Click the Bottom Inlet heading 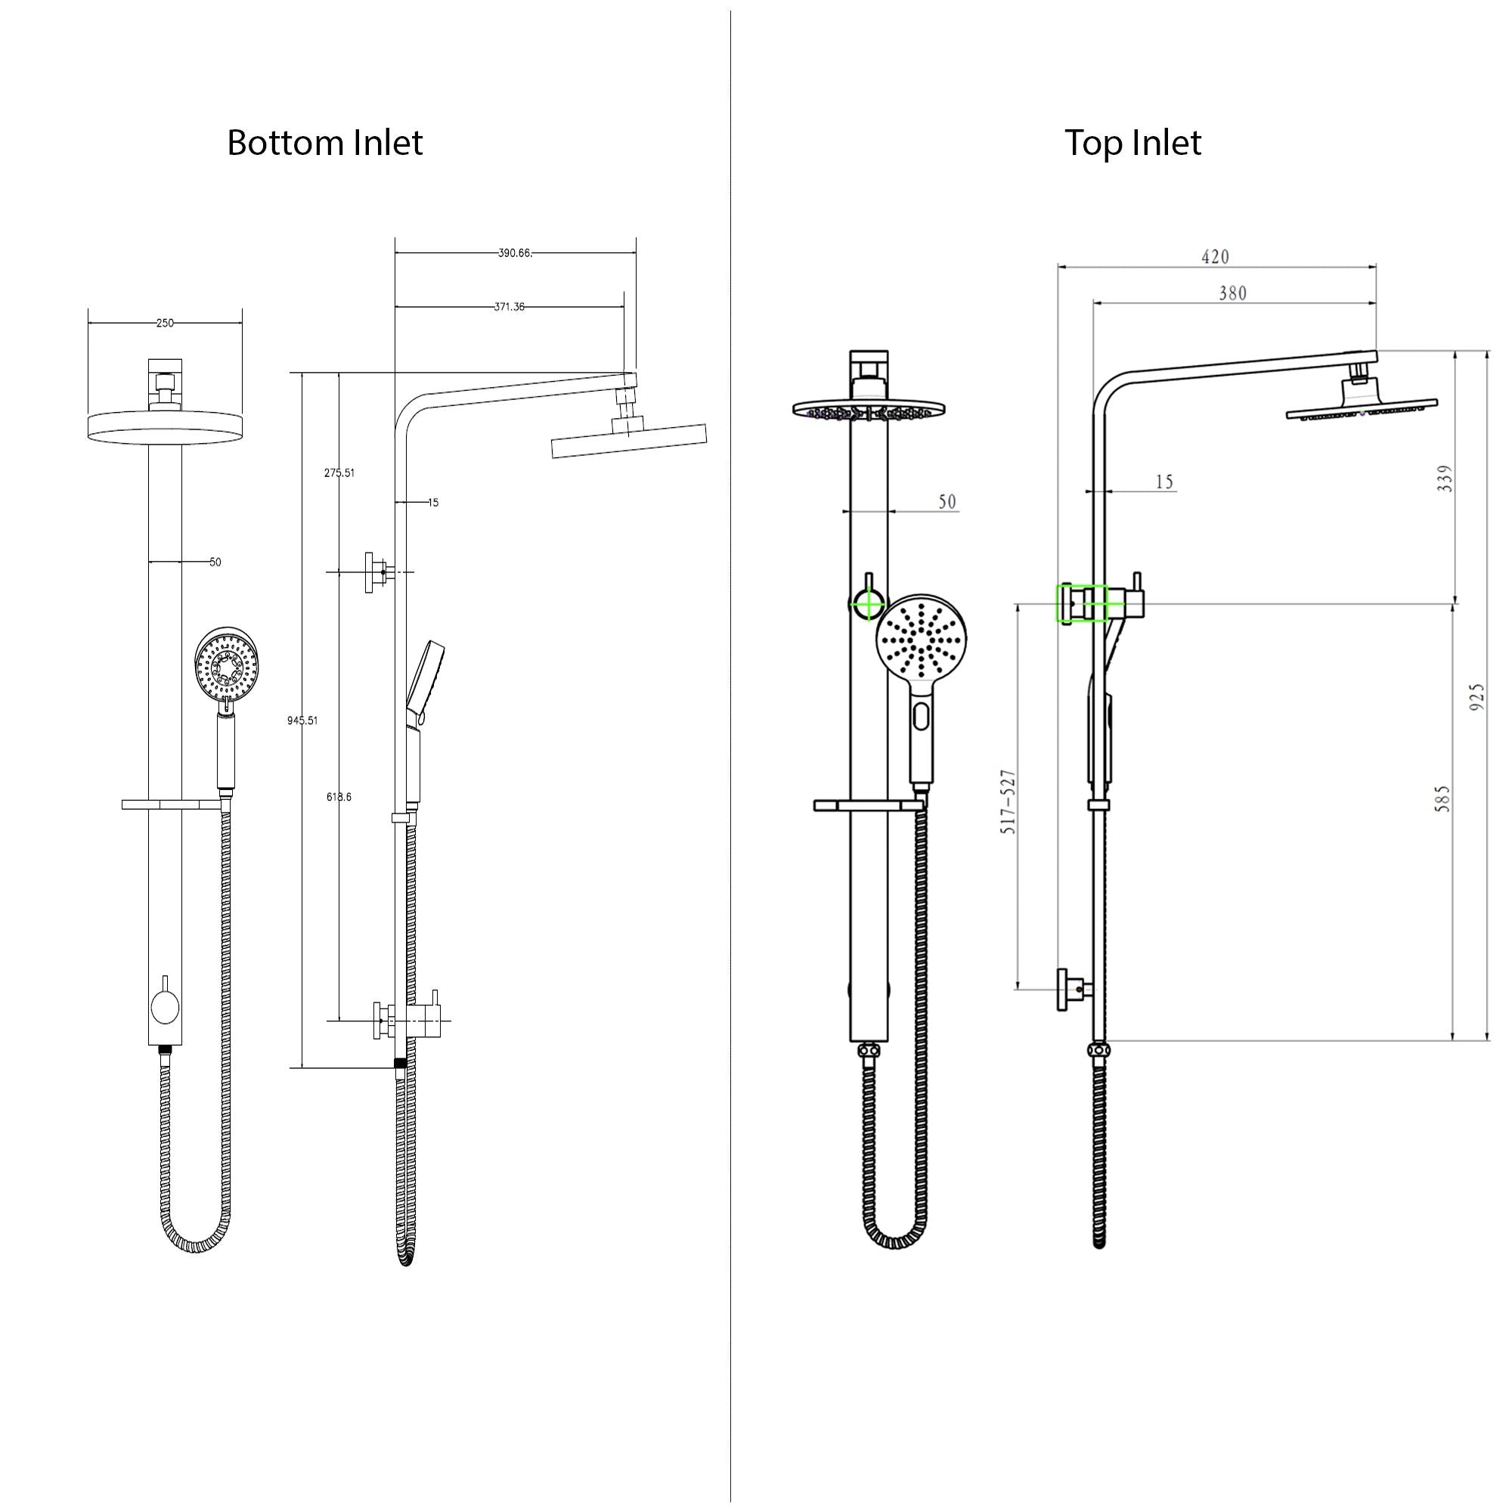click(x=324, y=143)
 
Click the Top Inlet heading click(x=1132, y=143)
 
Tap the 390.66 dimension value click(x=514, y=253)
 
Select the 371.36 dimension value click(x=509, y=307)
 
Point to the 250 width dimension click(x=164, y=323)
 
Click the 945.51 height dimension click(x=302, y=720)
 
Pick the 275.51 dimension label click(x=339, y=472)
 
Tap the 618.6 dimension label click(x=339, y=797)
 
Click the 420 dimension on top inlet click(x=1215, y=257)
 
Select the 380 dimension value click(x=1232, y=293)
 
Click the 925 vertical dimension click(x=1476, y=696)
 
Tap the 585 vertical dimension click(x=1442, y=798)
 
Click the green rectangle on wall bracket click(x=1081, y=603)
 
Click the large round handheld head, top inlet click(x=922, y=639)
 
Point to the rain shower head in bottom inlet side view click(x=628, y=441)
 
